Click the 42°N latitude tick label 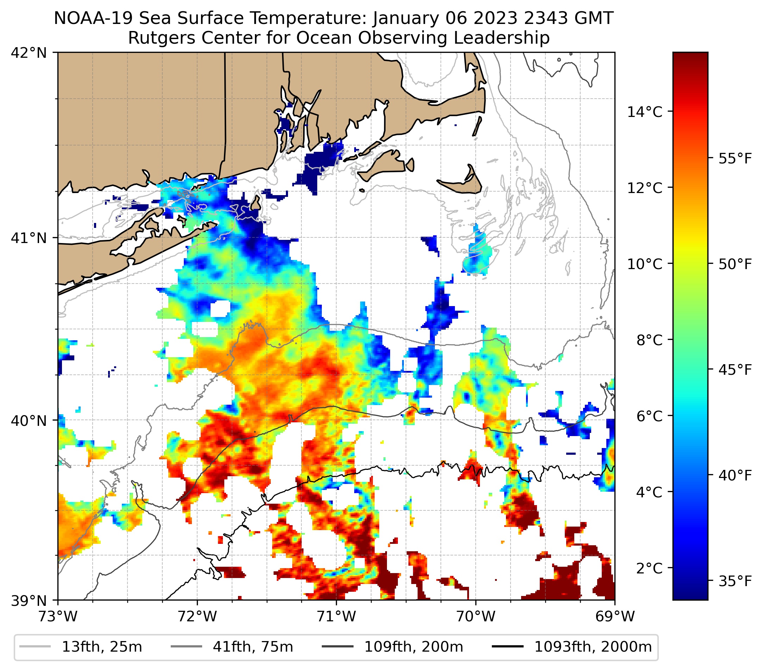[x=29, y=53]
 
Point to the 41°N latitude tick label [x=29, y=238]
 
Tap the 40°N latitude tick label [x=29, y=421]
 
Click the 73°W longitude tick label [x=58, y=616]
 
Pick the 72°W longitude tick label [x=197, y=616]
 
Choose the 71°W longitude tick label [x=336, y=616]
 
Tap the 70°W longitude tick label [x=476, y=616]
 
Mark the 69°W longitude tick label [x=615, y=616]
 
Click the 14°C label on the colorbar [x=645, y=112]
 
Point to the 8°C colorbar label [x=650, y=340]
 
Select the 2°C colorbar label [x=650, y=568]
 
